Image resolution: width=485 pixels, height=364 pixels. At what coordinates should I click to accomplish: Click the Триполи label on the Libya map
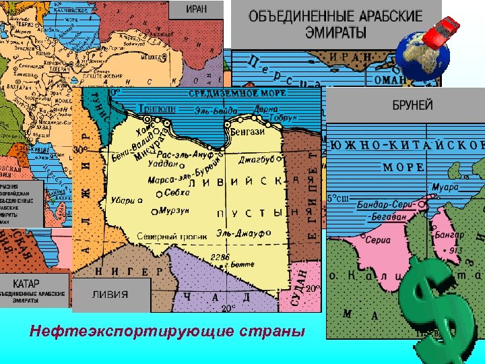156,109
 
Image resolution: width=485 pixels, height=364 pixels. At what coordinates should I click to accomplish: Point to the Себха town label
176,192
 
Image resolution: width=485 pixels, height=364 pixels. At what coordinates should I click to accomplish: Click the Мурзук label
174,211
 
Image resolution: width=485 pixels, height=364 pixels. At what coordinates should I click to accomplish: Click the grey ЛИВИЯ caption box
110,295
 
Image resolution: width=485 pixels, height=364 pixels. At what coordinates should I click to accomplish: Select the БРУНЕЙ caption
412,106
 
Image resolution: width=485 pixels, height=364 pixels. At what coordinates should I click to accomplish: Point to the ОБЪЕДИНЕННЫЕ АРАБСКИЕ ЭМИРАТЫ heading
335,24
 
